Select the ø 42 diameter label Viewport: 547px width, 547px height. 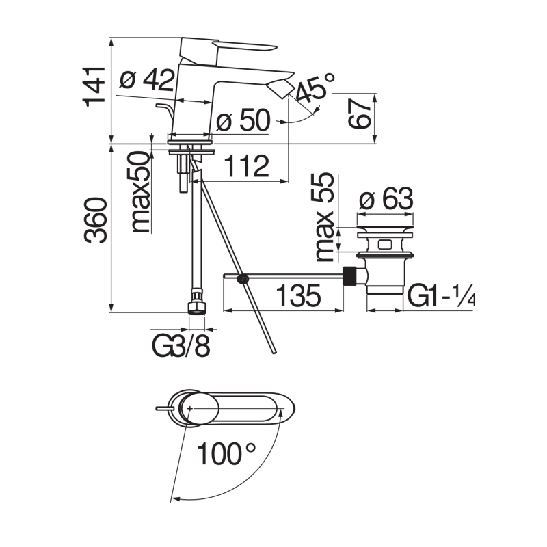(x=146, y=81)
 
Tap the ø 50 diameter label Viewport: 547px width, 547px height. (x=243, y=122)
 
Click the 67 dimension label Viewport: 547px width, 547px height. (x=361, y=113)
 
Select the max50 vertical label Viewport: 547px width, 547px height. (x=142, y=194)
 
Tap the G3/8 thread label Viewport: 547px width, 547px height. (x=181, y=345)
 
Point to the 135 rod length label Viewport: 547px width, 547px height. (x=298, y=297)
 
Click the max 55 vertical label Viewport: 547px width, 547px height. (x=325, y=217)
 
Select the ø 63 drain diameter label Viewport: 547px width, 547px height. (x=386, y=200)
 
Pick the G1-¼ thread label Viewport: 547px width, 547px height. (x=441, y=297)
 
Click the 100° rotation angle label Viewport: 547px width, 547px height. (x=226, y=454)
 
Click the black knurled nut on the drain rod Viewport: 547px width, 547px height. (x=351, y=278)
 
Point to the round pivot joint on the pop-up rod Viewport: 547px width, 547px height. (x=241, y=278)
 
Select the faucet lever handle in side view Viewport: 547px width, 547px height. (x=226, y=46)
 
